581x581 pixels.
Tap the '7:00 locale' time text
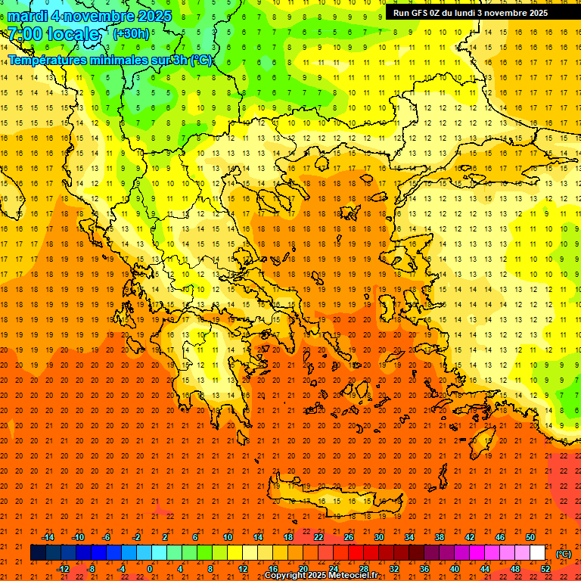54,34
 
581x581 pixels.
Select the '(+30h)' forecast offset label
131,34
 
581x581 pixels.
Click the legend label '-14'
48,537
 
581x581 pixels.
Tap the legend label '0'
150,569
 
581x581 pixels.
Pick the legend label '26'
349,537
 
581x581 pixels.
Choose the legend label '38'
440,537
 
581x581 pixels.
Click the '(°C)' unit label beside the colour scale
564,554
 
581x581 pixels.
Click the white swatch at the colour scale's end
538,553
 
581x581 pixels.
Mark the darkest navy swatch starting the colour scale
38,553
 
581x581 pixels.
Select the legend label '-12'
64,569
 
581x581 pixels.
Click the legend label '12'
243,569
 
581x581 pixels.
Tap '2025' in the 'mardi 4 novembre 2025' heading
154,16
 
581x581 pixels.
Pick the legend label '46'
500,537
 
